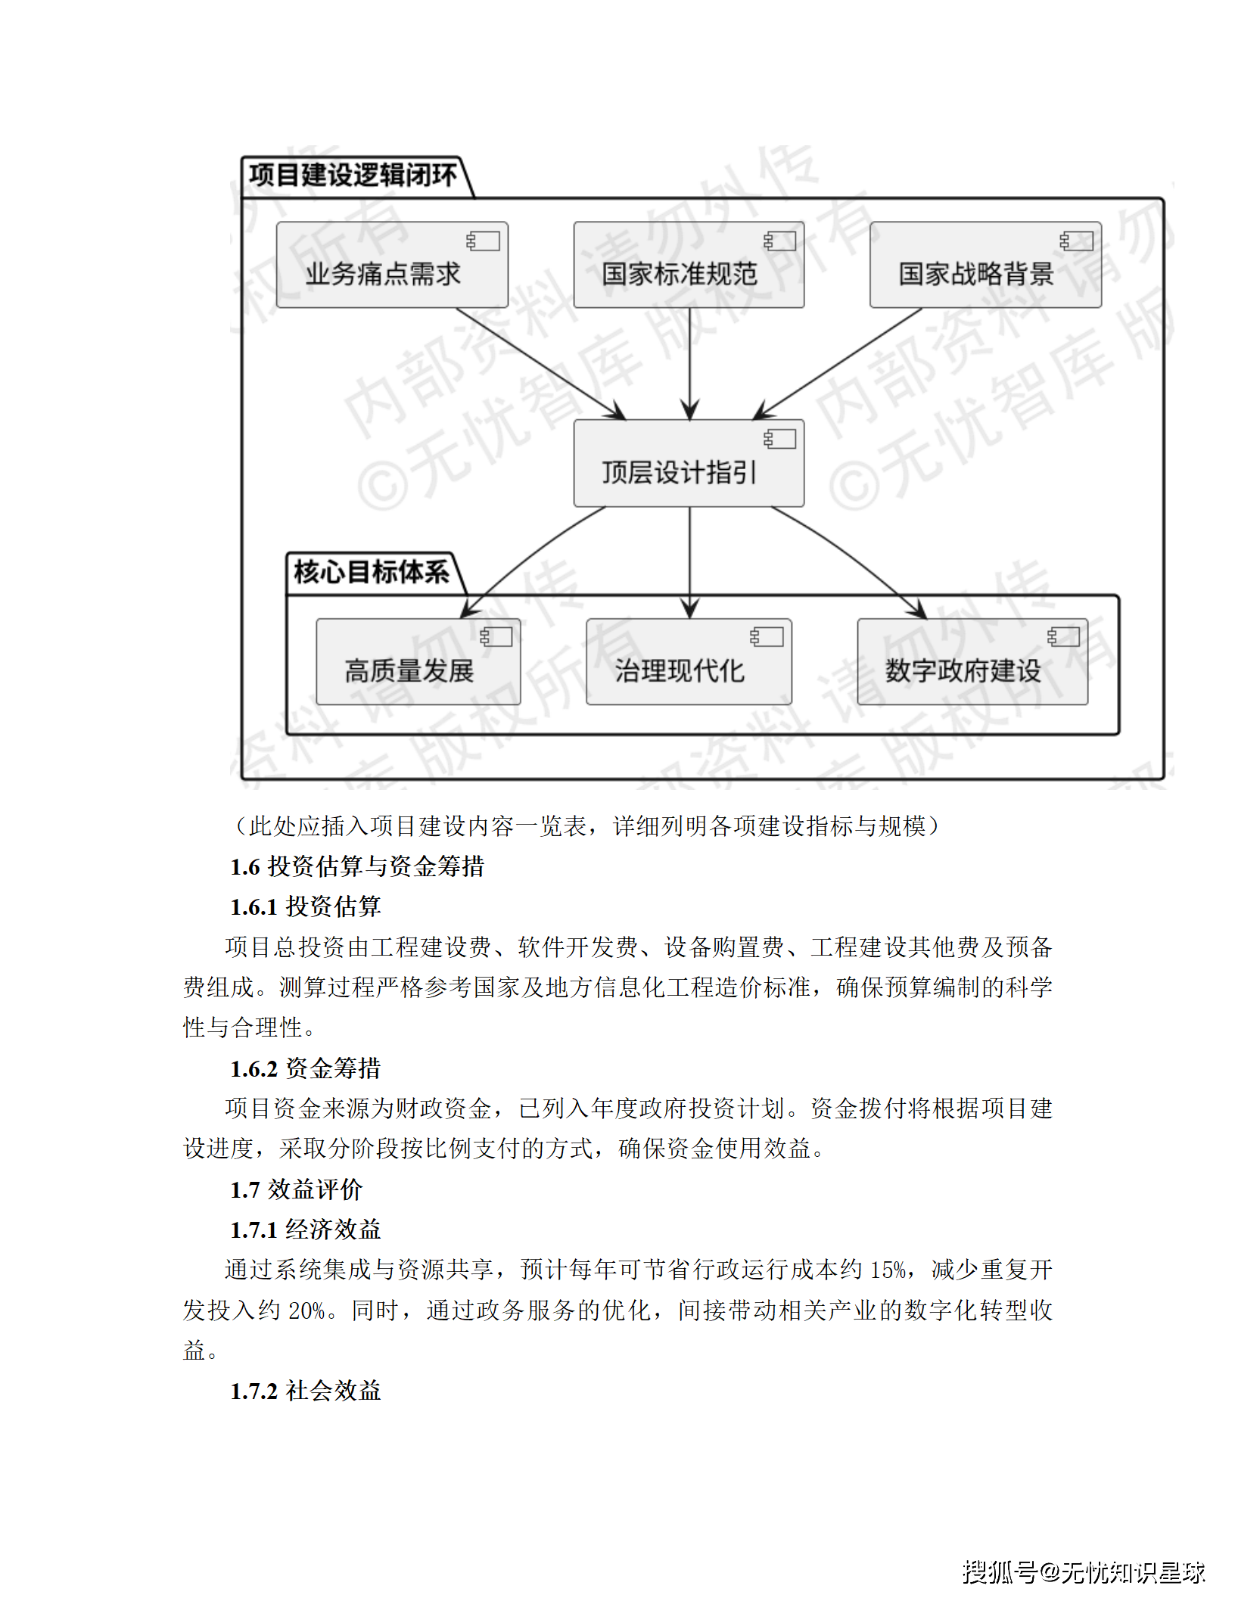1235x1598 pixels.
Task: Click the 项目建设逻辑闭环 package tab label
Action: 353,176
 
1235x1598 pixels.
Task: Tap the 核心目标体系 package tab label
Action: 371,572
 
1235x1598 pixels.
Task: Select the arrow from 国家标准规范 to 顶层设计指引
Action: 689,363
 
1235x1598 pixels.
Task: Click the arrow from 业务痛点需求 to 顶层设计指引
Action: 540,363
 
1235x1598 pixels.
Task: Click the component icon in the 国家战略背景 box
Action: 1076,241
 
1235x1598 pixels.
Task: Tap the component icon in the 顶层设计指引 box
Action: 779,440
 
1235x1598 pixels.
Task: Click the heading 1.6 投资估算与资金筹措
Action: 357,866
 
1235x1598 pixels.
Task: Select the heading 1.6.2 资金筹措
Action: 305,1068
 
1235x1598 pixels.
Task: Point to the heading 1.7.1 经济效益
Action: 305,1230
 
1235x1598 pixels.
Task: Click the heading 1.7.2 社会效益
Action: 305,1391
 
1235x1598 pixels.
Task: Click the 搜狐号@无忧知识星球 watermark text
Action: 1083,1572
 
